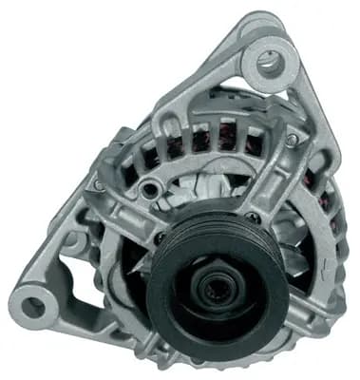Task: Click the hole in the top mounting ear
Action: (x=269, y=64)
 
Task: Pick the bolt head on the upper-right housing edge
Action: (x=291, y=140)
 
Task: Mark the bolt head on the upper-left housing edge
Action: (x=99, y=184)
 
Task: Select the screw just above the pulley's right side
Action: (x=251, y=218)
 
